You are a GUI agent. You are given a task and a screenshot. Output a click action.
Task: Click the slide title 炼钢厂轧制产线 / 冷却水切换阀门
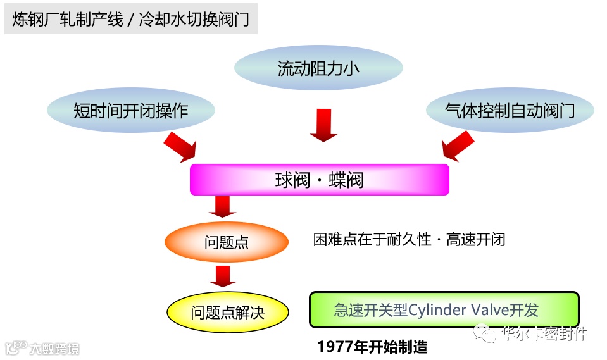[x=131, y=20]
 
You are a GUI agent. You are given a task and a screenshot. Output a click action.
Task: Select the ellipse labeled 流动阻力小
[x=318, y=68]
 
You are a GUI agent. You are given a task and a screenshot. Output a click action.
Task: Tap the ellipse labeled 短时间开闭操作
[x=131, y=111]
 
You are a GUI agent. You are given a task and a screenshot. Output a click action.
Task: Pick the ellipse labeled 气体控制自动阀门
[x=510, y=111]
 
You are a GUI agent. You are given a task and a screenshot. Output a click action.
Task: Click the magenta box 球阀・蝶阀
[x=320, y=180]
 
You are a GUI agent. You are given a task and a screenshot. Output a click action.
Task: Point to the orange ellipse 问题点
[x=226, y=242]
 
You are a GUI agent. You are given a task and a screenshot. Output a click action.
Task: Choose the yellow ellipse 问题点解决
[x=228, y=312]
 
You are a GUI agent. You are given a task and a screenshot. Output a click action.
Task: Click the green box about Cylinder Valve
[x=444, y=309]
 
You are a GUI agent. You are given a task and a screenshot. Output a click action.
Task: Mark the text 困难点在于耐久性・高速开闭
[x=410, y=240]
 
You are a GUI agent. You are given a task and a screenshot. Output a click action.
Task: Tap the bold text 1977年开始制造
[x=373, y=347]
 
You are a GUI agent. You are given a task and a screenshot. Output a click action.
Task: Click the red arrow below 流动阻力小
[x=324, y=125]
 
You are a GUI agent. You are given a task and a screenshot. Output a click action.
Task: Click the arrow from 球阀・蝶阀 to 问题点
[x=222, y=206]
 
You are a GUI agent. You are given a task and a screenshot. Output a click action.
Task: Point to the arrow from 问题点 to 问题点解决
[x=222, y=276]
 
